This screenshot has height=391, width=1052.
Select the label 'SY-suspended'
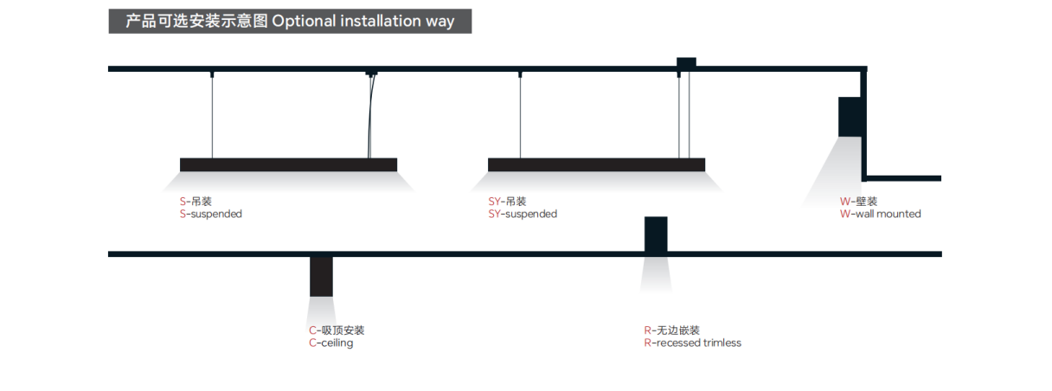point(522,214)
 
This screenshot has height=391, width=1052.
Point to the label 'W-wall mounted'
point(880,214)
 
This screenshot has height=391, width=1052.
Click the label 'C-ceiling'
point(330,343)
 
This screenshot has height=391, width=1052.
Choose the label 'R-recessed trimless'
point(692,343)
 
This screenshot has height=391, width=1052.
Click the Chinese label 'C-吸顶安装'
point(337,330)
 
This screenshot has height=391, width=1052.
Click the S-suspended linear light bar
point(288,164)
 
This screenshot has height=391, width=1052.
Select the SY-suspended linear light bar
point(596,164)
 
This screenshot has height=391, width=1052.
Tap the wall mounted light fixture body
point(850,116)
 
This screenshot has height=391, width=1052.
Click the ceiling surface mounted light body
point(321,276)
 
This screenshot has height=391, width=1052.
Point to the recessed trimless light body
point(656,234)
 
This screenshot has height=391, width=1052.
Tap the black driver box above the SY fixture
point(686,63)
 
